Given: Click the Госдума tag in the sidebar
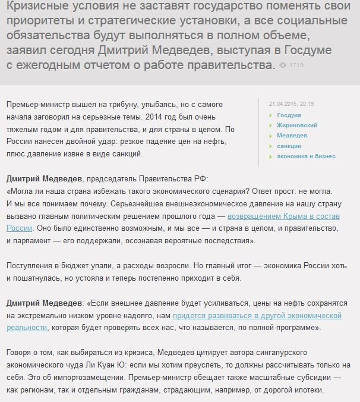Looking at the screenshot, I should pos(289,115).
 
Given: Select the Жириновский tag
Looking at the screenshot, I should pos(297,125).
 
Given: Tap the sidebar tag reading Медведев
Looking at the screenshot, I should pos(292,136).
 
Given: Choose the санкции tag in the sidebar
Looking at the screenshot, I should pos(289,146).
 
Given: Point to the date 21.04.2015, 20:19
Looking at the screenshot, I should pos(291,103).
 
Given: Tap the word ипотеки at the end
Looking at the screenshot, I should pos(308,391).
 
